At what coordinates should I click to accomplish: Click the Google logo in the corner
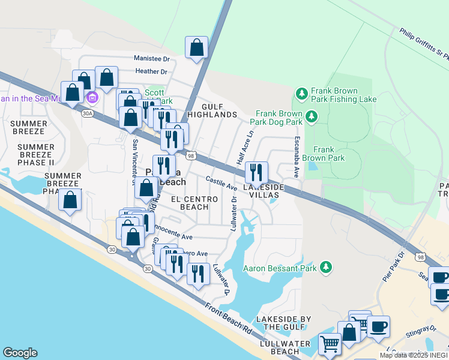tap(20, 353)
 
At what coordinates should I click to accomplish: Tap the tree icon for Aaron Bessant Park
tap(325, 266)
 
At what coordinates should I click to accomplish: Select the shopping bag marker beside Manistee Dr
tap(196, 48)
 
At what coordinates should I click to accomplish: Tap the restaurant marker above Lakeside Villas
tap(256, 173)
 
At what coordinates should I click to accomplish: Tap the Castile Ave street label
tap(221, 183)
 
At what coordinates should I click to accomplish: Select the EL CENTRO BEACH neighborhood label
tap(190, 202)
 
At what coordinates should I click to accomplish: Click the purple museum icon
tap(91, 97)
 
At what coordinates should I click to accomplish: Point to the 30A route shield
tap(88, 112)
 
